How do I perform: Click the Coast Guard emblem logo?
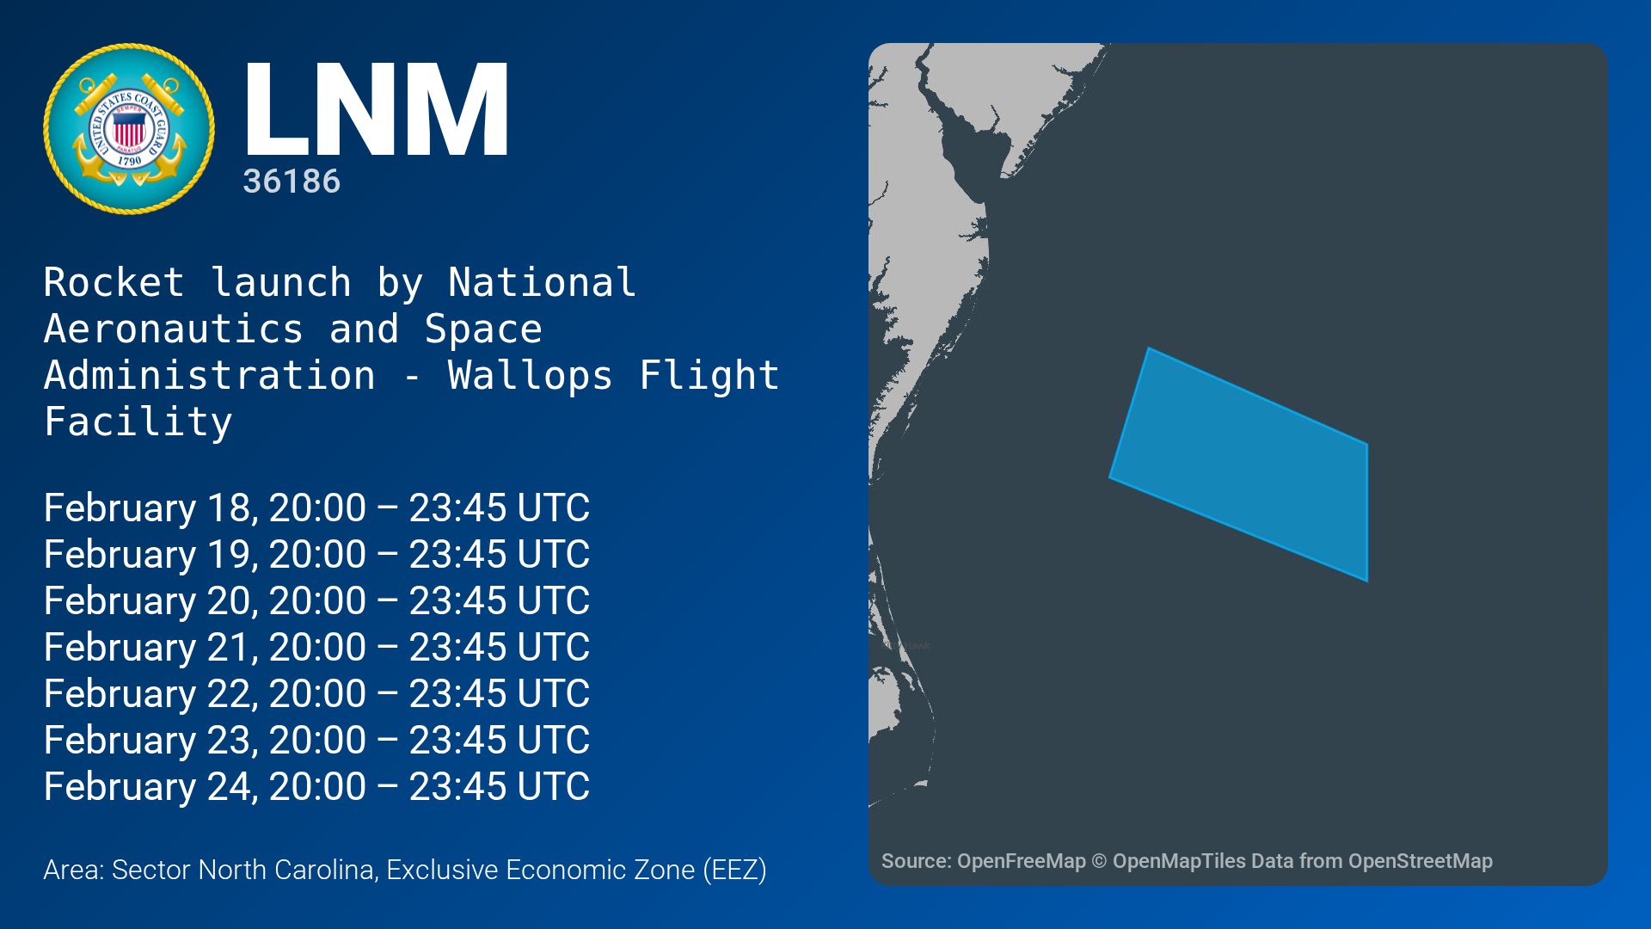click(x=129, y=129)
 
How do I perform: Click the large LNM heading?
click(x=377, y=109)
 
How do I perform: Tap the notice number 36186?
click(x=292, y=181)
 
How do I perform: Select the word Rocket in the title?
click(x=114, y=283)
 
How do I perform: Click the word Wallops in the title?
click(x=530, y=376)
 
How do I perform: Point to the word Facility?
click(x=138, y=422)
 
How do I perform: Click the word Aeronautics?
click(x=173, y=329)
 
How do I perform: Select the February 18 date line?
click(x=316, y=508)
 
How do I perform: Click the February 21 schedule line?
click(x=316, y=647)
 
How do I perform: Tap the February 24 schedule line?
click(x=316, y=786)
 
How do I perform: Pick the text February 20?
click(x=149, y=600)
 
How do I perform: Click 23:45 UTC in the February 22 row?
click(x=499, y=693)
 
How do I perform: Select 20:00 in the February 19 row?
click(x=317, y=554)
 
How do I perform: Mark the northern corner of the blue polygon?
click(x=1148, y=348)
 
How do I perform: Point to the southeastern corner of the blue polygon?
click(x=1367, y=581)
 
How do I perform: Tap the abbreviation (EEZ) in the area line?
click(x=734, y=870)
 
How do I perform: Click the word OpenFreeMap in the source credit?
click(x=1021, y=861)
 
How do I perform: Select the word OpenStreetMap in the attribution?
click(x=1420, y=861)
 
